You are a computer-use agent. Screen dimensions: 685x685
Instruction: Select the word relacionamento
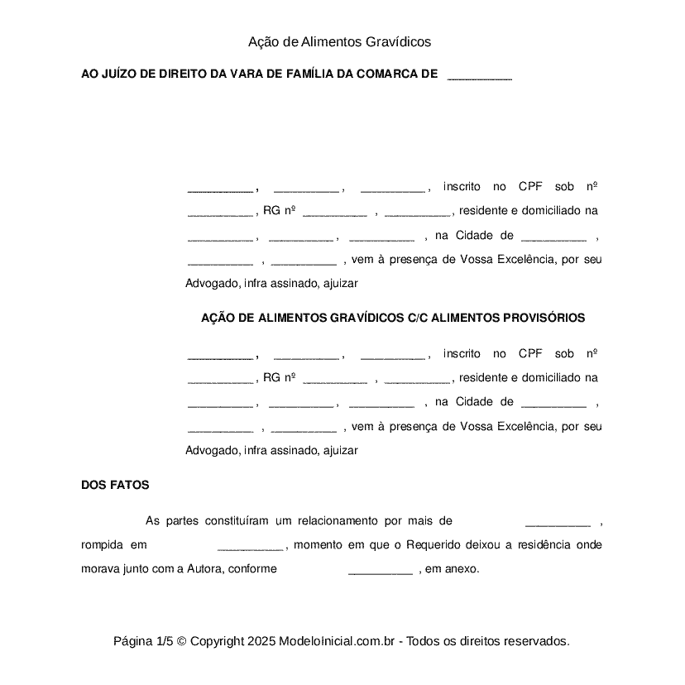click(338, 520)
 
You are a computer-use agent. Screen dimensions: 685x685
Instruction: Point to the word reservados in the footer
click(537, 641)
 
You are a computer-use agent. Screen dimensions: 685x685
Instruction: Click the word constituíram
click(229, 520)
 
